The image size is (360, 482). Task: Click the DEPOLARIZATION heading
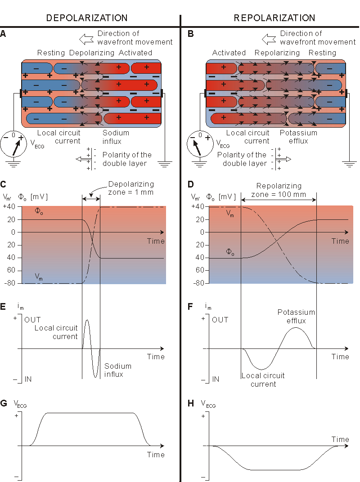coord(87,18)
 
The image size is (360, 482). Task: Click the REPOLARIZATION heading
coord(274,18)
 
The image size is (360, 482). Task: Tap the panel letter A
coord(4,34)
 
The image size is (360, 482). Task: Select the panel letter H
coord(190,403)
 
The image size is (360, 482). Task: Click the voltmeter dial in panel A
coord(13,143)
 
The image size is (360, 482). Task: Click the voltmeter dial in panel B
coord(199,143)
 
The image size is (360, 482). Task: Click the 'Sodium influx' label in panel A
coord(116,137)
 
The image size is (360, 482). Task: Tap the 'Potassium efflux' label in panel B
coord(298,137)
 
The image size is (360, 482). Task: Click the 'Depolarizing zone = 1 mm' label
coord(131,188)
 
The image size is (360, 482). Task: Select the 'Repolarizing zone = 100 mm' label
coord(279,190)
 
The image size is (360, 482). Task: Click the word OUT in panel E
coord(32,320)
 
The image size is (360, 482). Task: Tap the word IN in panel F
coord(216,379)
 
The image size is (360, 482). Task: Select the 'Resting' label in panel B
coord(322,53)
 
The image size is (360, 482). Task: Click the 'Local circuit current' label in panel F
coord(263,379)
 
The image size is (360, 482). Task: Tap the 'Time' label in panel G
coord(156,455)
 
